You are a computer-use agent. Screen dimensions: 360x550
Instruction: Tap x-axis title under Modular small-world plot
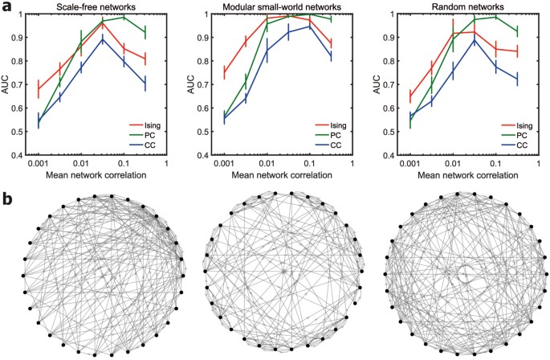[x=283, y=177]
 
